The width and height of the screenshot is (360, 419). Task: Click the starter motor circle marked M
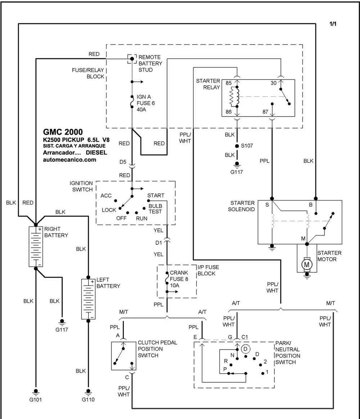point(307,265)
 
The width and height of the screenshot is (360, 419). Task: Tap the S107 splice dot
point(237,146)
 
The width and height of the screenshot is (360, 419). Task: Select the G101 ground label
point(36,400)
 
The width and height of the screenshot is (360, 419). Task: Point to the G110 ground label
point(88,400)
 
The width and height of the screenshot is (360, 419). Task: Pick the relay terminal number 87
point(265,112)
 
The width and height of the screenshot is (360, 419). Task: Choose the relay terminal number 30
point(273,83)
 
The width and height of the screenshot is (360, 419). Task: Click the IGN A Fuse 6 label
point(146,103)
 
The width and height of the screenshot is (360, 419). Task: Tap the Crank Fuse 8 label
point(179,279)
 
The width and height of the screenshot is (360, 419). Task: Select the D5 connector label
point(123,162)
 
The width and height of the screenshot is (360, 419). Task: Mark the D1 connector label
point(158,243)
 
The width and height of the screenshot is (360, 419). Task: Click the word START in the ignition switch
point(156,195)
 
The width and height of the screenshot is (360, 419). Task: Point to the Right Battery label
point(56,232)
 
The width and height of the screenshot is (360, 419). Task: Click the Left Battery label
point(108,283)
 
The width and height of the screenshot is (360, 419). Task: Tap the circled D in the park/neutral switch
point(246,349)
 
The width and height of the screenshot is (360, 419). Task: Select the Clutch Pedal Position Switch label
point(157,349)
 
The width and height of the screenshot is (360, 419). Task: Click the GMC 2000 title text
point(63,132)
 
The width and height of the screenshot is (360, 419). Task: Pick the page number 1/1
point(333,24)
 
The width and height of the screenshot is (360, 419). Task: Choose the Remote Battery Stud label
point(150,64)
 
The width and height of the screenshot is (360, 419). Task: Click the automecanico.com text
point(69,160)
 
